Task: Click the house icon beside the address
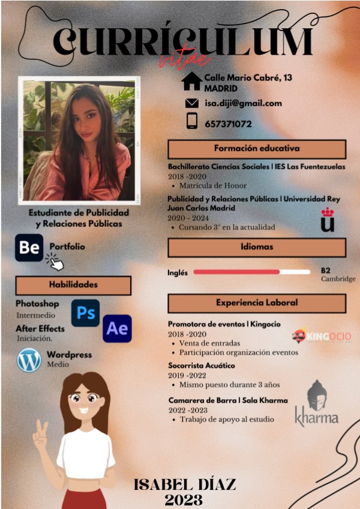click(191, 82)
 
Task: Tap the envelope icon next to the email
click(192, 103)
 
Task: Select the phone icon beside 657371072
click(192, 121)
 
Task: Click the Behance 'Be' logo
click(29, 247)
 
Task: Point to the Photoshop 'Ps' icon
click(85, 313)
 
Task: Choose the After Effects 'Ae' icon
click(117, 328)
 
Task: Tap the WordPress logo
click(29, 360)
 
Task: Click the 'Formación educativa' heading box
click(257, 149)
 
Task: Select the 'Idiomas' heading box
click(257, 247)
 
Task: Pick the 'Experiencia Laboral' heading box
click(257, 303)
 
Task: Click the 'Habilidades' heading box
click(73, 285)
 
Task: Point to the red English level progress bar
click(237, 272)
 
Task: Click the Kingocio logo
click(322, 336)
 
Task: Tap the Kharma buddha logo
click(317, 403)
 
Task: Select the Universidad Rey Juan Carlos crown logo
click(328, 220)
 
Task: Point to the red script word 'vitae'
click(185, 59)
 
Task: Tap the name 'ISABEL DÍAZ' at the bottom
click(185, 484)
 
